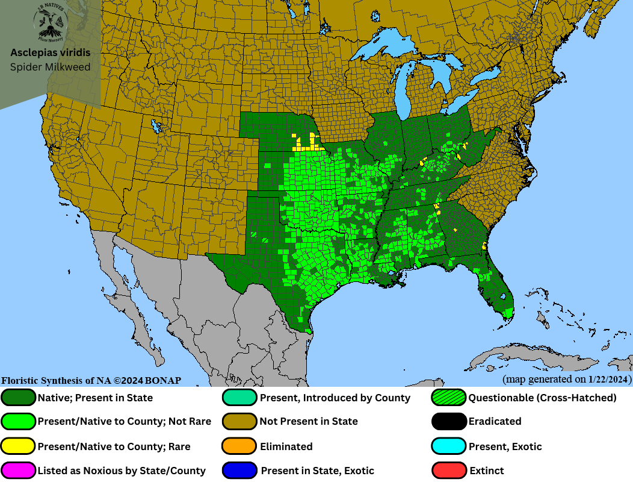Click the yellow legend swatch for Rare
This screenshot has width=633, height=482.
(x=19, y=446)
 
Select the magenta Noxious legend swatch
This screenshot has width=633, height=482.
(x=19, y=471)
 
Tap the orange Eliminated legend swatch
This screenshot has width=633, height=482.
(x=240, y=446)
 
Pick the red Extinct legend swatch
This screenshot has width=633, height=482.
(x=449, y=471)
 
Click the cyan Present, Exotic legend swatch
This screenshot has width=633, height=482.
(x=449, y=446)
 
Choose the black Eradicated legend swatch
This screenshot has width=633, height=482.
(x=449, y=422)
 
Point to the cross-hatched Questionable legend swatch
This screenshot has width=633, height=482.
(x=449, y=398)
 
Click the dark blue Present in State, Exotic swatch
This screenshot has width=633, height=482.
(x=240, y=471)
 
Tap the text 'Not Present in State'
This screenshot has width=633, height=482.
(x=309, y=422)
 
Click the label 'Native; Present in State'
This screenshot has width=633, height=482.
(x=95, y=398)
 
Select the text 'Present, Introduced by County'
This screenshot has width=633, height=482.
(x=335, y=398)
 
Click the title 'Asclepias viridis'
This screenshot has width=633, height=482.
(x=51, y=53)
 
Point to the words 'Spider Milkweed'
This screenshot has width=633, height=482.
(x=51, y=67)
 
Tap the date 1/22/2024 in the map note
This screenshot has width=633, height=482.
(x=609, y=379)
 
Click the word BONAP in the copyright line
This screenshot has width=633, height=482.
(x=162, y=380)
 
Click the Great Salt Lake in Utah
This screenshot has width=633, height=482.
(x=158, y=127)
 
